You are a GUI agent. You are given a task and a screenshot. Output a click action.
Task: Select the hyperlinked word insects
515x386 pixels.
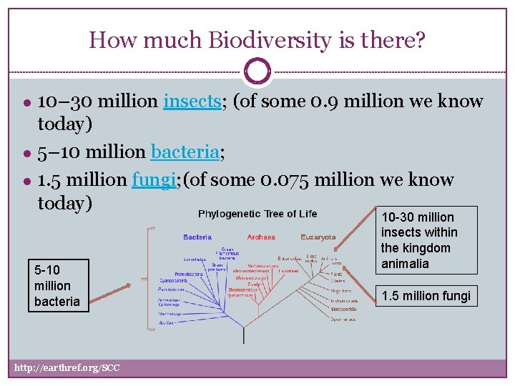[x=192, y=102]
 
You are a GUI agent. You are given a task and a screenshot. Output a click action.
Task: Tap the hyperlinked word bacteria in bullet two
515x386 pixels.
[x=185, y=152]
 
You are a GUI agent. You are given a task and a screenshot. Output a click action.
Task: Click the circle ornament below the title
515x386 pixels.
[x=257, y=71]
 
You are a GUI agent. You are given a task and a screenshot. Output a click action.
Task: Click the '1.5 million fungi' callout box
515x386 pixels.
[x=426, y=296]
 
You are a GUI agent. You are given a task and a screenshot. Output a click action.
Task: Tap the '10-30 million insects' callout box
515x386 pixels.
[x=426, y=240]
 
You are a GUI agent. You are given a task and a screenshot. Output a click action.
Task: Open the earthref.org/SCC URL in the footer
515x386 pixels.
[x=67, y=368]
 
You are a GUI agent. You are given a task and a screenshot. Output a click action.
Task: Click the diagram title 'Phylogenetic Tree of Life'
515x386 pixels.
[x=257, y=214]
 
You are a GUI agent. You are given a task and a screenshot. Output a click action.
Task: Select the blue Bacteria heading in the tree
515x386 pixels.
[x=197, y=237]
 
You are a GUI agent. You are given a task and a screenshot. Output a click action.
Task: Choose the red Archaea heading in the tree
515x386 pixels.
[x=260, y=237]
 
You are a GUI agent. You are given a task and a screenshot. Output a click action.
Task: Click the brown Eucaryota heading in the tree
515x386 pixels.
[x=318, y=237]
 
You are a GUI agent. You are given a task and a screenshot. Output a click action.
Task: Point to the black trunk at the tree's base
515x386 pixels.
[x=243, y=335]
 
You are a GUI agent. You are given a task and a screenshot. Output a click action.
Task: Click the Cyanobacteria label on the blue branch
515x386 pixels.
[x=175, y=281]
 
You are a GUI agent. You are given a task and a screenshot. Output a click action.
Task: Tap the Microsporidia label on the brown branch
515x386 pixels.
[x=343, y=310]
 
